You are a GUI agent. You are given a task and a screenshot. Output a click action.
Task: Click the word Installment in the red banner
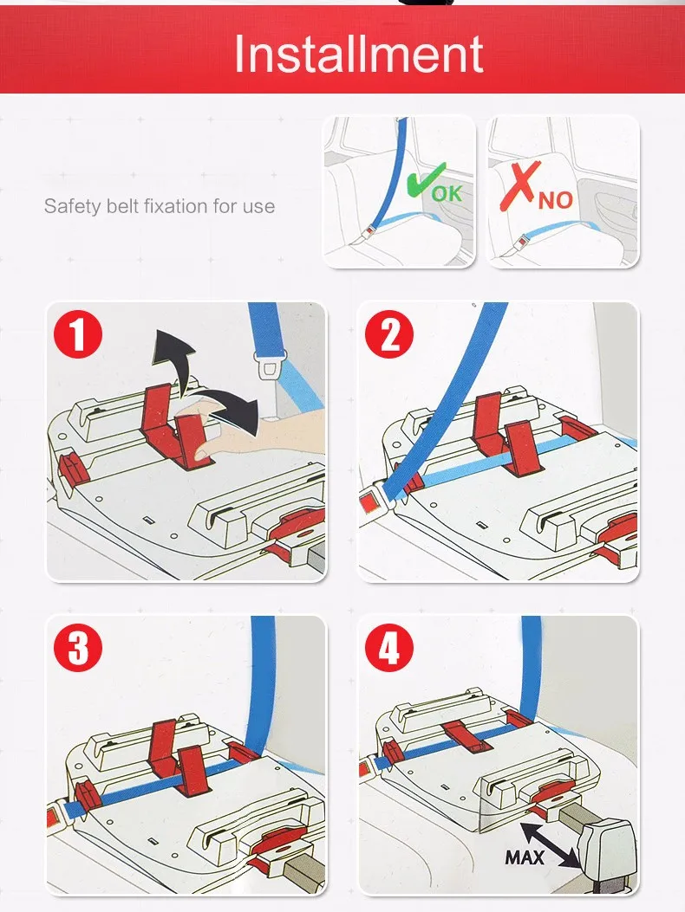click(358, 54)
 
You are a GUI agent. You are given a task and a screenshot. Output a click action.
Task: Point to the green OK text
click(447, 192)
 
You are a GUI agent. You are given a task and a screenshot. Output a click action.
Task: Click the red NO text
click(555, 200)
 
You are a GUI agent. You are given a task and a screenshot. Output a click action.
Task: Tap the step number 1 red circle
click(77, 336)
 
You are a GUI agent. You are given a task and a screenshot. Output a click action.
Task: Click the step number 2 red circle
click(388, 335)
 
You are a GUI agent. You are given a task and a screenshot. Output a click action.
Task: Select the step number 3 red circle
click(77, 648)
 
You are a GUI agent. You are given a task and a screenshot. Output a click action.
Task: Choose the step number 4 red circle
click(388, 648)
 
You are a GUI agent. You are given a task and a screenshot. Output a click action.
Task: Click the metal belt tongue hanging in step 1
click(268, 365)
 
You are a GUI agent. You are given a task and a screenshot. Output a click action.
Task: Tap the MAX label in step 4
click(525, 857)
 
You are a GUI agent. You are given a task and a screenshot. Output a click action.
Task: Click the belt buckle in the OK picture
click(367, 233)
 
